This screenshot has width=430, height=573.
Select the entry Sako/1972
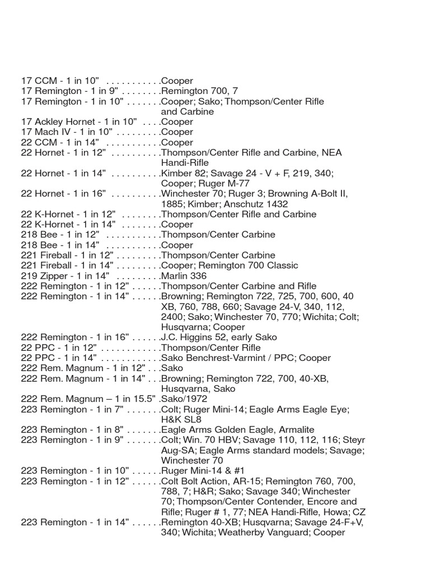coord(184,399)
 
